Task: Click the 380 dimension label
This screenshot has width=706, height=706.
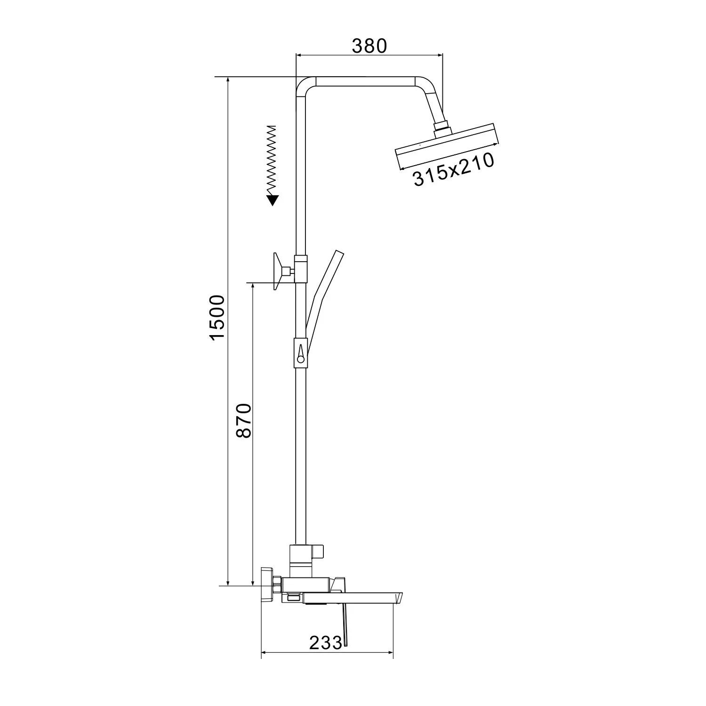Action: click(x=369, y=46)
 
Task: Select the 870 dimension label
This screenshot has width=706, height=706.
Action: click(x=244, y=420)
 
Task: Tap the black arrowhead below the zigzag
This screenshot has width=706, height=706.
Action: click(x=272, y=201)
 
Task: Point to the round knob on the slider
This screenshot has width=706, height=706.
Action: click(x=300, y=360)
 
